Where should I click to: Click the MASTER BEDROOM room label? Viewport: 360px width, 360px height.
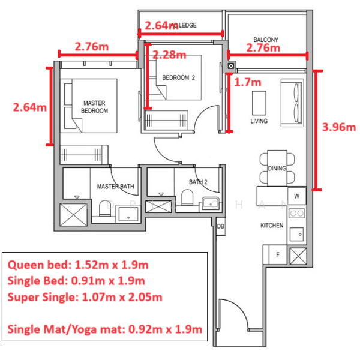point(95,107)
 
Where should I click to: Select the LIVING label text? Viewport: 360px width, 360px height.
point(259,121)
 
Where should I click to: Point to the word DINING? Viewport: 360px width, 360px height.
point(277,169)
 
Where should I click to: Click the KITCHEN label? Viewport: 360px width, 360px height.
point(271,226)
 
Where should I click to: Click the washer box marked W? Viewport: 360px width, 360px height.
point(296,196)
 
